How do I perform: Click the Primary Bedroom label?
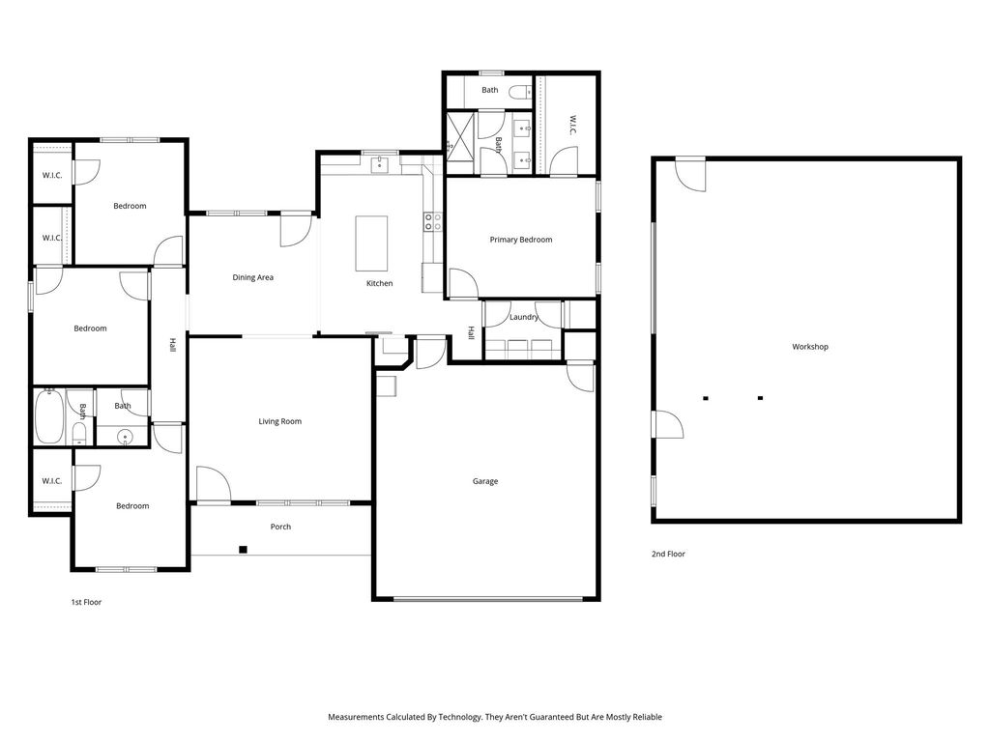point(521,240)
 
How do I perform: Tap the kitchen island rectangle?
point(371,243)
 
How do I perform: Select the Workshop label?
point(810,347)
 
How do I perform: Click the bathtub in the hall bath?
point(49,417)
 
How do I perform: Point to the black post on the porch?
point(243,550)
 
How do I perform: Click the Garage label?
point(485,481)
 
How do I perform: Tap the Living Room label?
point(279,421)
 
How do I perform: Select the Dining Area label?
point(252,277)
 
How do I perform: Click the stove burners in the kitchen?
point(432,221)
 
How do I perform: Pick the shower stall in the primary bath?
point(460,136)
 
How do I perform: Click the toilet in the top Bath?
point(520,92)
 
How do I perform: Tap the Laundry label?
point(524,317)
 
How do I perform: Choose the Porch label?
point(280,527)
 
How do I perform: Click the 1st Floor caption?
point(86,603)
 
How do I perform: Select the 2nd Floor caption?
point(668,554)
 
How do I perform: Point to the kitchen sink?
point(379,165)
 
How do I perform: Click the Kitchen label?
point(379,284)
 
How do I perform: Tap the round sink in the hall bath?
point(126,436)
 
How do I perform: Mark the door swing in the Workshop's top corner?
point(690,176)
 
